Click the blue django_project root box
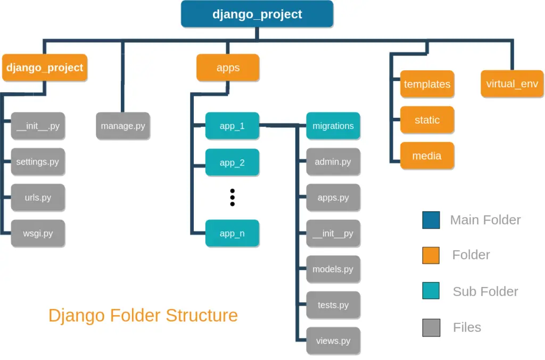pos(257,14)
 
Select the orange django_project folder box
pos(45,68)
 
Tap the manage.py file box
pos(123,126)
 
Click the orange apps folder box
pos(228,68)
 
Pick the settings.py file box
pos(38,162)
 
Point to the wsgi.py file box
pos(38,233)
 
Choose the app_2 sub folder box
pos(232,162)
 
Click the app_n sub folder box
pos(232,233)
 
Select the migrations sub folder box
pos(333,126)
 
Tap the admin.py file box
pos(333,162)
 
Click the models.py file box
pos(333,269)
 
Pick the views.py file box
pos(333,341)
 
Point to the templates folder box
pos(427,84)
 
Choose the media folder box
pos(427,156)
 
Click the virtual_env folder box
pos(512,84)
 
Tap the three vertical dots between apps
pos(232,197)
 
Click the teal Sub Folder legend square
pos(431,291)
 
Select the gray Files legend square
pos(431,328)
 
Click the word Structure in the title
pos(202,315)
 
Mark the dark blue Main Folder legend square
pos(431,220)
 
